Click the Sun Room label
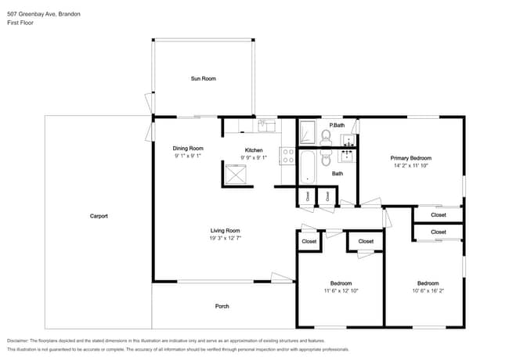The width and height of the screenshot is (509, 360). [x=203, y=78]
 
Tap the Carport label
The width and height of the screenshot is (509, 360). [x=98, y=216]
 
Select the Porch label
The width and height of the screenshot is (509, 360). [x=222, y=306]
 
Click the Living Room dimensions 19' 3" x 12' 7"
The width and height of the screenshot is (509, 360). [x=225, y=239]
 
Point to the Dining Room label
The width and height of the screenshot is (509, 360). [x=188, y=148]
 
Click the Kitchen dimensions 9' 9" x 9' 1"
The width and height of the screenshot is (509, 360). [x=254, y=157]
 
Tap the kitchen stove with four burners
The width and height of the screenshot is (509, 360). [x=287, y=154]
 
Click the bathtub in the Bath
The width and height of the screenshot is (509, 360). [x=308, y=167]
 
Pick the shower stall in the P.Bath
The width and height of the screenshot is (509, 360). [x=307, y=132]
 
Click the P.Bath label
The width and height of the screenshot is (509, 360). [x=337, y=125]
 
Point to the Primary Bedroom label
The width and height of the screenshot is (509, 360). [x=411, y=158]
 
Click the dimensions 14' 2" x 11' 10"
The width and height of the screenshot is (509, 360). [x=411, y=166]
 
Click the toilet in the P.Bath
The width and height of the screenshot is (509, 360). [x=327, y=138]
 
